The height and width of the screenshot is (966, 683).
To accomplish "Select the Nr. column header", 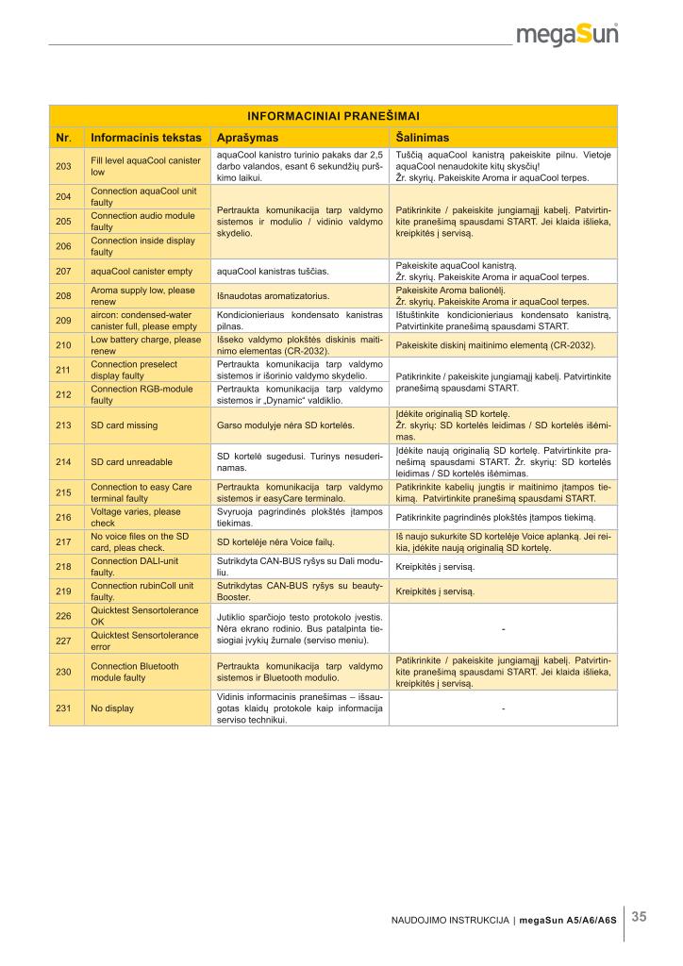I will click(x=64, y=138).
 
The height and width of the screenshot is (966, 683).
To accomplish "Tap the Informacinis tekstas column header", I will click(x=145, y=138).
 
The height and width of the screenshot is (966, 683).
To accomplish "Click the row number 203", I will click(x=64, y=166).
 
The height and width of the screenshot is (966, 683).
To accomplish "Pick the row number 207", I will click(x=64, y=271).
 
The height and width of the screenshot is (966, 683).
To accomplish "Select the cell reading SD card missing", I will click(x=124, y=425).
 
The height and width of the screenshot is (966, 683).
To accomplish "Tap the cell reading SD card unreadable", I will click(x=131, y=461).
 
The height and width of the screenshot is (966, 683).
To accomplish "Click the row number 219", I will click(x=64, y=591).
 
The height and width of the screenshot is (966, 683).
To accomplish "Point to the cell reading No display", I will click(x=111, y=708).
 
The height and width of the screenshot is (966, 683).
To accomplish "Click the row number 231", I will click(x=64, y=708).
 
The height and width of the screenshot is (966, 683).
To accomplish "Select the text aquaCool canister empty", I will click(x=142, y=271).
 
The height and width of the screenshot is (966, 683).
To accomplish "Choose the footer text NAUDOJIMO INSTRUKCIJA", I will click(x=451, y=920).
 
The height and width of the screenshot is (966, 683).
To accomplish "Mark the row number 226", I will click(x=64, y=616).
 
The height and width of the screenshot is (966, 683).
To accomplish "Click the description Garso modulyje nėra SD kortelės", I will click(x=286, y=425).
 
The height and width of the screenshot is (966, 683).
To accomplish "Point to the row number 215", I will click(x=64, y=492).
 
